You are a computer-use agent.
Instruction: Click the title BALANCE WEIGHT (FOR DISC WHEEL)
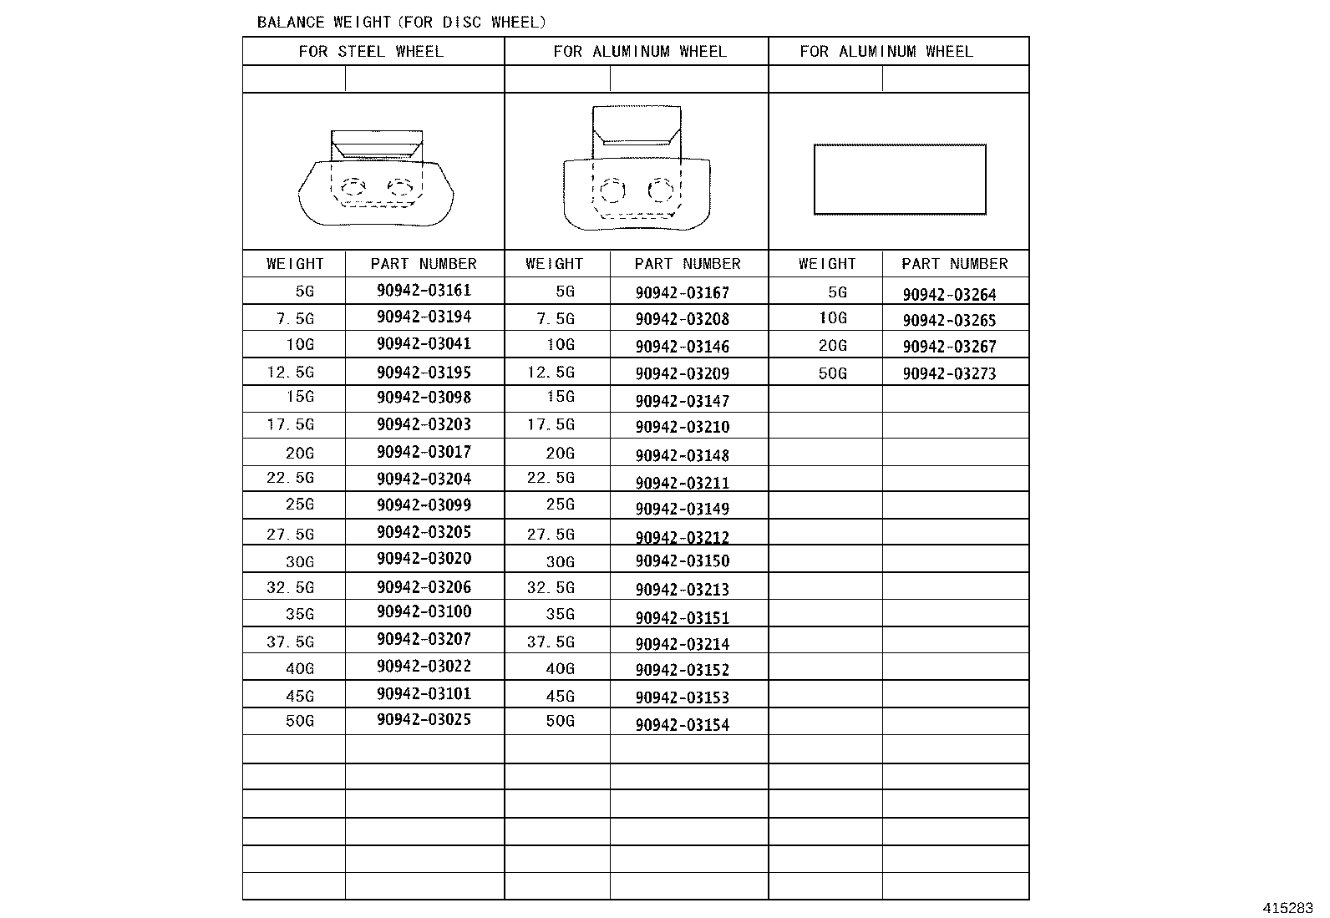click(x=401, y=23)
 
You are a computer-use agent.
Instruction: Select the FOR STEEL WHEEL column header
click(x=371, y=52)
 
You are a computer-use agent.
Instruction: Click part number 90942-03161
click(x=424, y=291)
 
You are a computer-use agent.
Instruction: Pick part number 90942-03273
click(x=949, y=374)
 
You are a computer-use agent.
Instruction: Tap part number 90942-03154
click(x=682, y=725)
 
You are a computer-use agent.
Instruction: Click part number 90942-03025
click(x=424, y=719)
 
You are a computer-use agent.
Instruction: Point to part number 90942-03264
click(x=949, y=295)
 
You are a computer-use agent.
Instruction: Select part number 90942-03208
click(x=682, y=319)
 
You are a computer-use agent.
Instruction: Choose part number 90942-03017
click(x=424, y=452)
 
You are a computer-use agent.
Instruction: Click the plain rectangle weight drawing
click(x=900, y=180)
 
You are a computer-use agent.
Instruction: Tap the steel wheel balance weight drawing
click(x=376, y=180)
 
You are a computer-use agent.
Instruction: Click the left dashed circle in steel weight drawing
click(x=353, y=186)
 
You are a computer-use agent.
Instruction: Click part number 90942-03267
click(x=949, y=347)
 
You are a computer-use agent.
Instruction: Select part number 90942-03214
click(x=682, y=644)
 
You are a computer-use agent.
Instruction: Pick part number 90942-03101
click(x=424, y=693)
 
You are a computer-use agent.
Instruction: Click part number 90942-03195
click(x=424, y=372)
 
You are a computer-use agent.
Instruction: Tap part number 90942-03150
click(x=682, y=561)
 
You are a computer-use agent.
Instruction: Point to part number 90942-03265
click(x=949, y=321)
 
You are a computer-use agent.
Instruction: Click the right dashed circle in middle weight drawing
click(x=661, y=191)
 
